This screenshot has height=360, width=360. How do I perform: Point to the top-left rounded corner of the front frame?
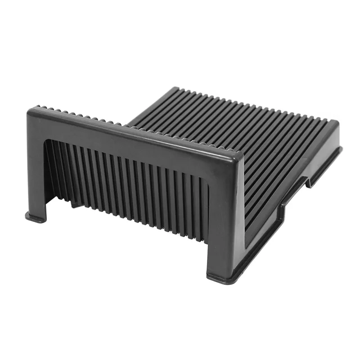31,112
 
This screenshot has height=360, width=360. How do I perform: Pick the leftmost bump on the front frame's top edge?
38,107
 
